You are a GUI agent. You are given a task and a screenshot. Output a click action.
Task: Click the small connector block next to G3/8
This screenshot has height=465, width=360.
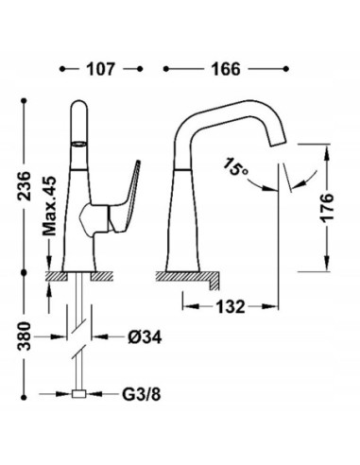point(82,393)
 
